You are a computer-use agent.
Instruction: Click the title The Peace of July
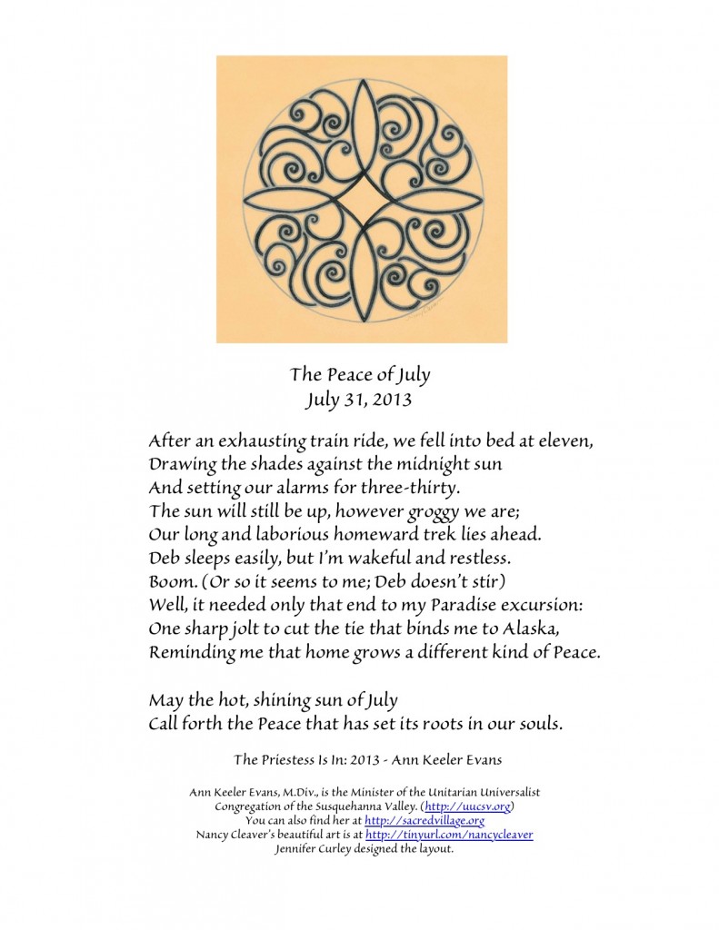(x=360, y=374)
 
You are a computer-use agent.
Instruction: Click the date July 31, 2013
(x=360, y=397)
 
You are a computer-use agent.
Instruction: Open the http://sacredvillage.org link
(x=424, y=821)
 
